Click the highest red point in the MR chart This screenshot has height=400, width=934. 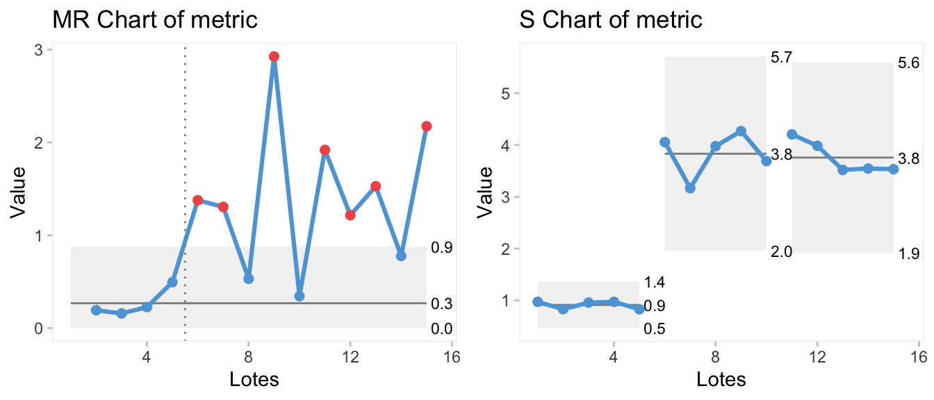click(274, 57)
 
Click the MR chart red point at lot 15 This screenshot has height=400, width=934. click(427, 126)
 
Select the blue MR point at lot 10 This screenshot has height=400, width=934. click(300, 296)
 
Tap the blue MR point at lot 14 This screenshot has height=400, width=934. click(401, 256)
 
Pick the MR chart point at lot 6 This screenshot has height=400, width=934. click(197, 200)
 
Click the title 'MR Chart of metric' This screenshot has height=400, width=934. click(156, 20)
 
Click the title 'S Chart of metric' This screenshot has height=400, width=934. click(611, 20)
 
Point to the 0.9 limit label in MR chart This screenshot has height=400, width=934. click(441, 248)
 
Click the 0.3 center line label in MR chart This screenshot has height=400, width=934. click(441, 303)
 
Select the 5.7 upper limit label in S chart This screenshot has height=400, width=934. click(782, 58)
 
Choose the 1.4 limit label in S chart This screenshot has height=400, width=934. click(655, 283)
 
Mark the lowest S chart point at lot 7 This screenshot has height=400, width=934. click(690, 188)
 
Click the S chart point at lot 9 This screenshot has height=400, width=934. click(741, 131)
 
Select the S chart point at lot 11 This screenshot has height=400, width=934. click(792, 134)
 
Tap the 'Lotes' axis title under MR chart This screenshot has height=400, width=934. click(254, 380)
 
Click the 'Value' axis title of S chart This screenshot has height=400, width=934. click(487, 188)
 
